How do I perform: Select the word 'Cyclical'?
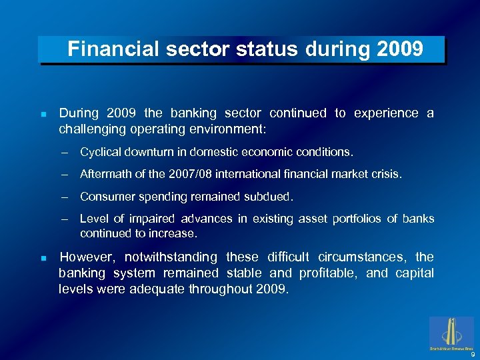click(101, 152)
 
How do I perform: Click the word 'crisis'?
click(387, 175)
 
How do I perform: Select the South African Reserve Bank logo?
click(453, 333)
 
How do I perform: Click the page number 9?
click(472, 355)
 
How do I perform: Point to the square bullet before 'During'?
click(43, 115)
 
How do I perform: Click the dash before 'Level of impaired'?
click(65, 219)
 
